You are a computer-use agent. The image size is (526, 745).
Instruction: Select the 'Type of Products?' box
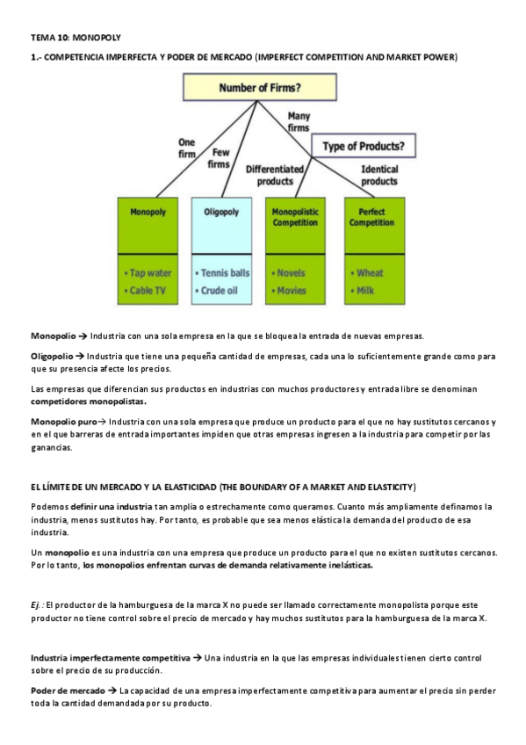[x=364, y=145]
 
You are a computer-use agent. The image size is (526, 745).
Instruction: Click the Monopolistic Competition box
[x=295, y=217]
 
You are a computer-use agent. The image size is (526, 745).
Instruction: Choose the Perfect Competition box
[x=371, y=217]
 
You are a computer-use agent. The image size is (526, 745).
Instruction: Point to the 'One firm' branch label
[x=187, y=148]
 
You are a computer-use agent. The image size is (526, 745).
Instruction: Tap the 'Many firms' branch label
[x=299, y=122]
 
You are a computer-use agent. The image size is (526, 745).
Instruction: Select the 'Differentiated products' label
[x=275, y=175]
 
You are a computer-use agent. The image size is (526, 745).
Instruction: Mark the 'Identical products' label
[x=379, y=175]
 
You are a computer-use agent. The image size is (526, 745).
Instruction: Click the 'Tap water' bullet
[x=148, y=273]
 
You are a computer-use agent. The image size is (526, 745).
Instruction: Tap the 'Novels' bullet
[x=290, y=273]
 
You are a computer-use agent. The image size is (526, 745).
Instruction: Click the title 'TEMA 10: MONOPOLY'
[x=76, y=38]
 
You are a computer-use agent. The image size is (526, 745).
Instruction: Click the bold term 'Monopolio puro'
[x=64, y=423]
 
